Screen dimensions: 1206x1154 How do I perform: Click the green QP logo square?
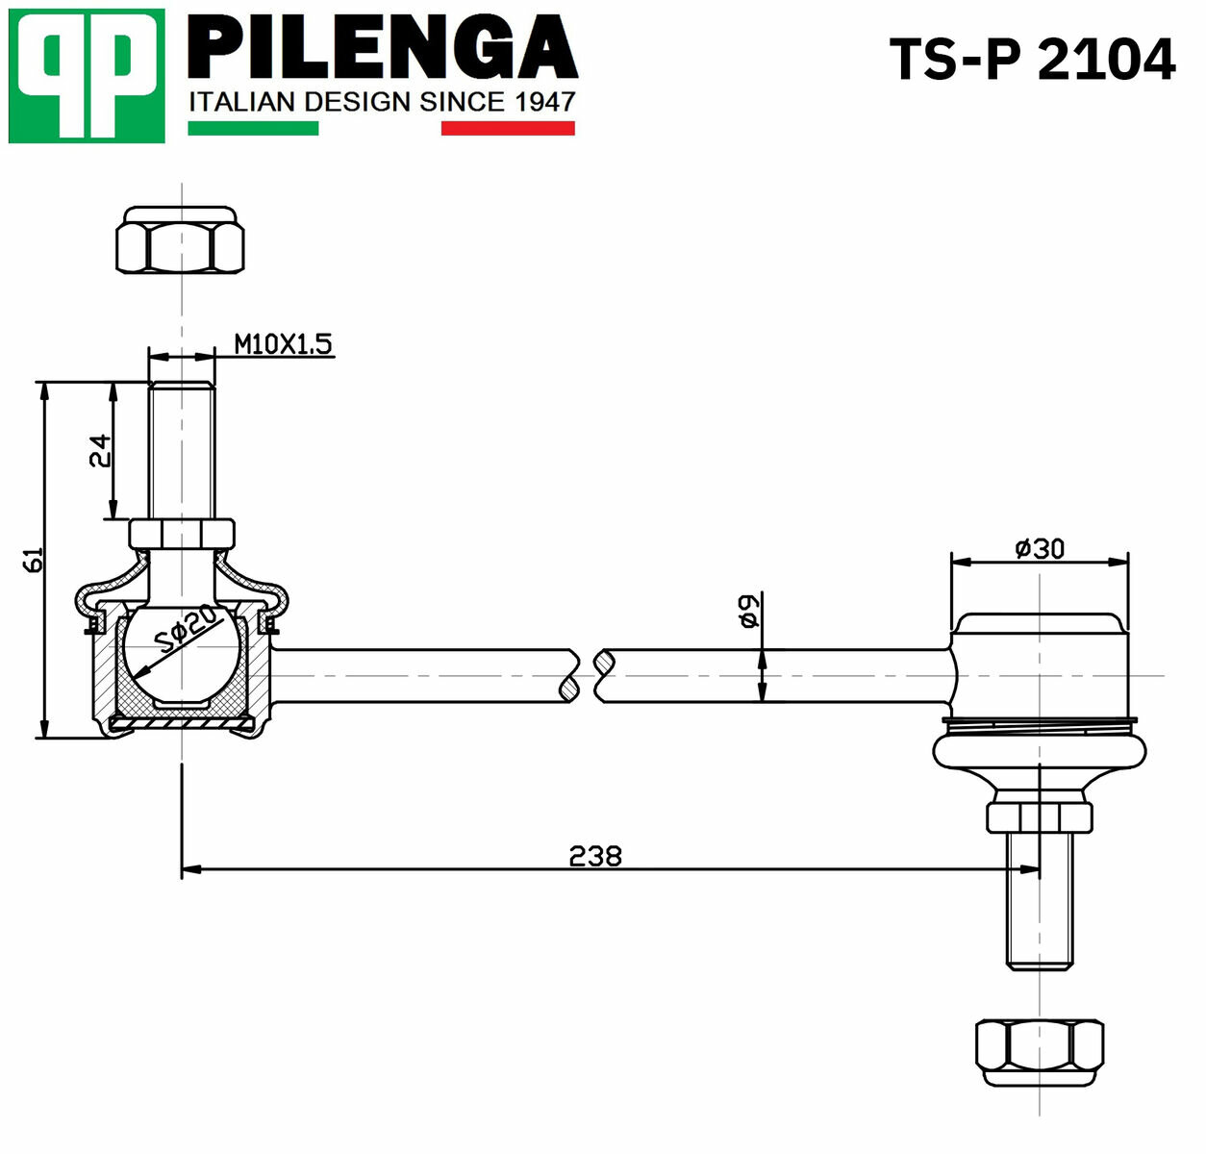(87, 76)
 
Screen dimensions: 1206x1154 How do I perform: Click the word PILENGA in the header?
(383, 47)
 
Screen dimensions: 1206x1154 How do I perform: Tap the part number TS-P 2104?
(1033, 61)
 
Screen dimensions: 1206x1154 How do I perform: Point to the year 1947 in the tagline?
(545, 102)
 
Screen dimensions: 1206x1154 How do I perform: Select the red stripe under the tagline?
(508, 128)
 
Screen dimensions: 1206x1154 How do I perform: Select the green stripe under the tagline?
(254, 128)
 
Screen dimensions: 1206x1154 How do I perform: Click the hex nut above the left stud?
(181, 239)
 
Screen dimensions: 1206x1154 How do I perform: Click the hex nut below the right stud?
(1040, 1053)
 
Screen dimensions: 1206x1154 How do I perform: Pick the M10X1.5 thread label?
(283, 344)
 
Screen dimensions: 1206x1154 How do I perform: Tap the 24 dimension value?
(100, 451)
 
